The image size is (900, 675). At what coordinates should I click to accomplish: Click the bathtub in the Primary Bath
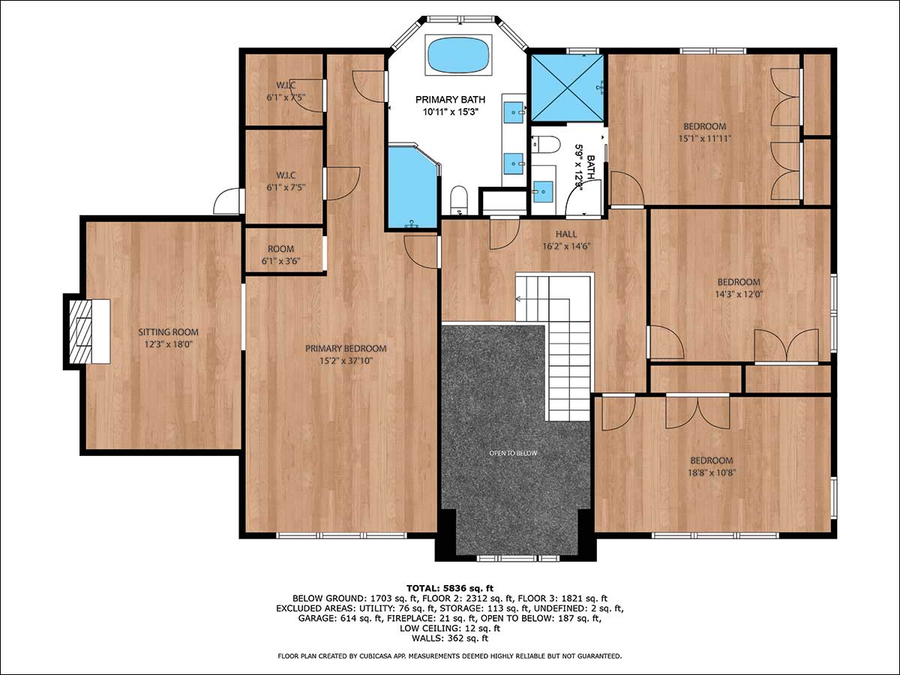pyautogui.click(x=458, y=55)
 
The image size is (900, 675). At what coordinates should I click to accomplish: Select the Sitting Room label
pyautogui.click(x=168, y=332)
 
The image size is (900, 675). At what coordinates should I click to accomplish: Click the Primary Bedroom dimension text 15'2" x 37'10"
pyautogui.click(x=346, y=361)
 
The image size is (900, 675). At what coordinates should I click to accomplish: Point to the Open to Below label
pyautogui.click(x=513, y=453)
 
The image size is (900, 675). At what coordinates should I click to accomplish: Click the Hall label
pyautogui.click(x=566, y=234)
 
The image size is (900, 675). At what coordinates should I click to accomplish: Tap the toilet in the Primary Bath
pyautogui.click(x=459, y=200)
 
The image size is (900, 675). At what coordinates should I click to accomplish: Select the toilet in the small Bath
pyautogui.click(x=546, y=144)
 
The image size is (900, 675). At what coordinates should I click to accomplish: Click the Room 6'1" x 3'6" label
pyautogui.click(x=280, y=255)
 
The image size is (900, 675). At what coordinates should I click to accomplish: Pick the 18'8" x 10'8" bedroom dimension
pyautogui.click(x=712, y=472)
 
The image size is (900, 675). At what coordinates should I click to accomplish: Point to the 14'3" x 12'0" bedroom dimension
pyautogui.click(x=739, y=294)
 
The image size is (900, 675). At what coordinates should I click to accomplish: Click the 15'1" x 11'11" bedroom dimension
pyautogui.click(x=704, y=139)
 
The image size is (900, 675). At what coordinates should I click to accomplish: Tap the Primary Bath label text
pyautogui.click(x=450, y=100)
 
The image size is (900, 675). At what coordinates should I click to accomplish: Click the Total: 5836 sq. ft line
pyautogui.click(x=450, y=589)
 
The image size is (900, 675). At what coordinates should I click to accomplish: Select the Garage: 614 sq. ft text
pyautogui.click(x=340, y=618)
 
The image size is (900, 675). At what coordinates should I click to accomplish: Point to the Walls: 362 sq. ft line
pyautogui.click(x=450, y=637)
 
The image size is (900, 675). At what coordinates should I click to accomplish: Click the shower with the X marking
pyautogui.click(x=568, y=88)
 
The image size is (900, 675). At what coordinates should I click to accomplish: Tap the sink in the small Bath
pyautogui.click(x=543, y=191)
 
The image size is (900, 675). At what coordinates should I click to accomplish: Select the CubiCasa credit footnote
pyautogui.click(x=450, y=656)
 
